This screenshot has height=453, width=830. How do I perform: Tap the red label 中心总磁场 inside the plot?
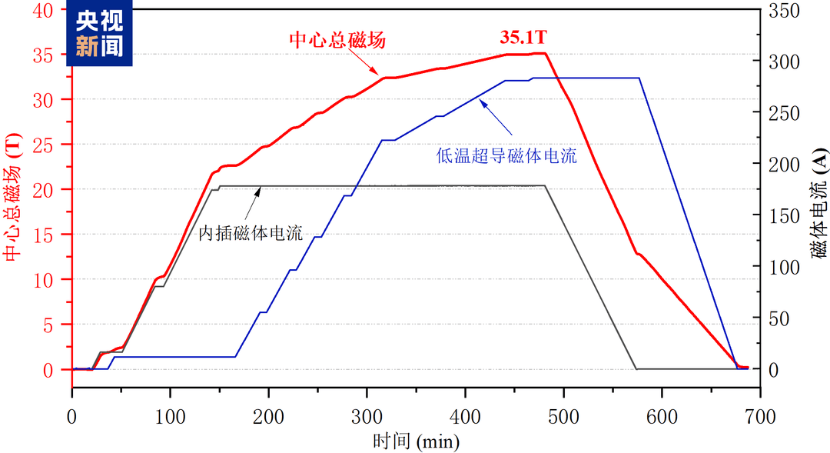click(337, 40)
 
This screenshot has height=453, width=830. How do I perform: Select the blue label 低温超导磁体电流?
click(507, 157)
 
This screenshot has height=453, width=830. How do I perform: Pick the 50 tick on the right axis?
click(784, 318)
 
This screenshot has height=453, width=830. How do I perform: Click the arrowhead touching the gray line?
click(257, 189)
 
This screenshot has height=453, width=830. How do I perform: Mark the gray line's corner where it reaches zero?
click(636, 369)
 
